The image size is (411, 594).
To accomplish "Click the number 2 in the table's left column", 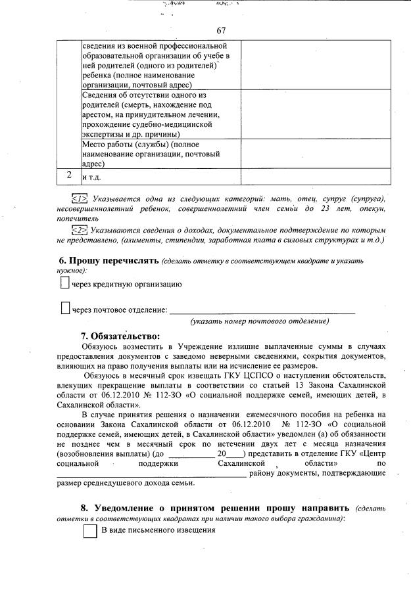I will (69, 176).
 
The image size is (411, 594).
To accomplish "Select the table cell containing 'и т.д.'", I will (160, 177).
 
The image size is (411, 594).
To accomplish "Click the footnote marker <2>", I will (79, 230).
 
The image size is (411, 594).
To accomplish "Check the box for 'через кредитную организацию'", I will (64, 284).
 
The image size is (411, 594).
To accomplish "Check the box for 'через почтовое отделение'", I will (64, 308).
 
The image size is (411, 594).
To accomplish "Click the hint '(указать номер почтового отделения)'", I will (259, 321).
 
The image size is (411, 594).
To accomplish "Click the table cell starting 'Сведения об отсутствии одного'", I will (160, 114).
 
